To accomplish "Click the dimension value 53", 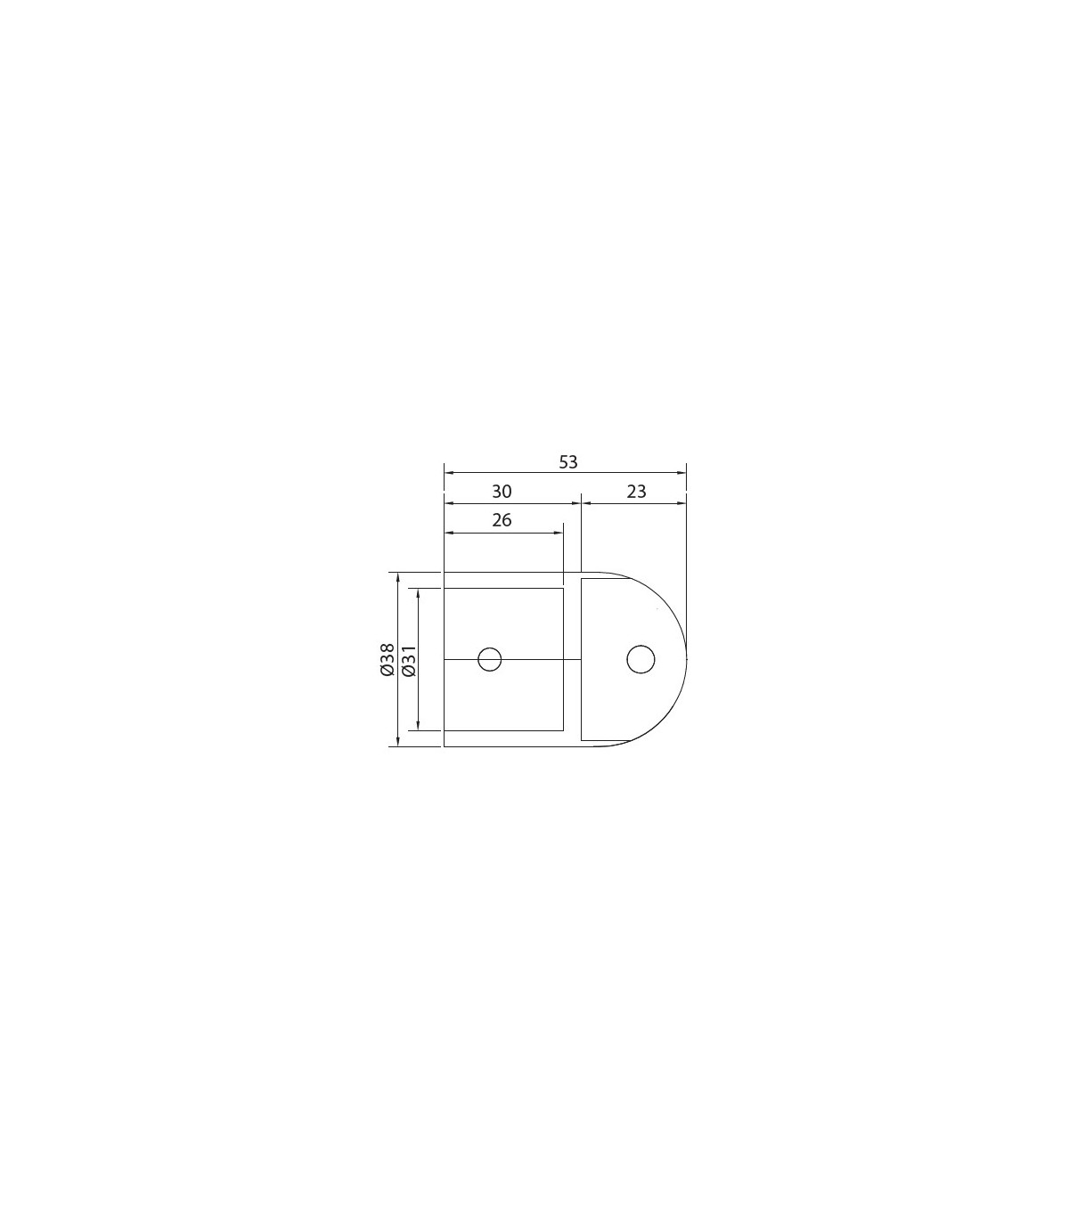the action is click(568, 462).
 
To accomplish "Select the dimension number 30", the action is click(502, 492).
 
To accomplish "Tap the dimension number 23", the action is click(637, 492).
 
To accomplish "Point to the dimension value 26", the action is click(502, 520).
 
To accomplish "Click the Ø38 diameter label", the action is click(387, 659).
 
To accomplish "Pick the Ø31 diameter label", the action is click(409, 661).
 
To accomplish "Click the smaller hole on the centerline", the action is click(490, 659).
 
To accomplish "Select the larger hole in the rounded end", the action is click(641, 659).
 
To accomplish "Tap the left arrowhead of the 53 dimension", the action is click(448, 473).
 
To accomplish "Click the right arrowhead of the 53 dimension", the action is click(681, 473).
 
